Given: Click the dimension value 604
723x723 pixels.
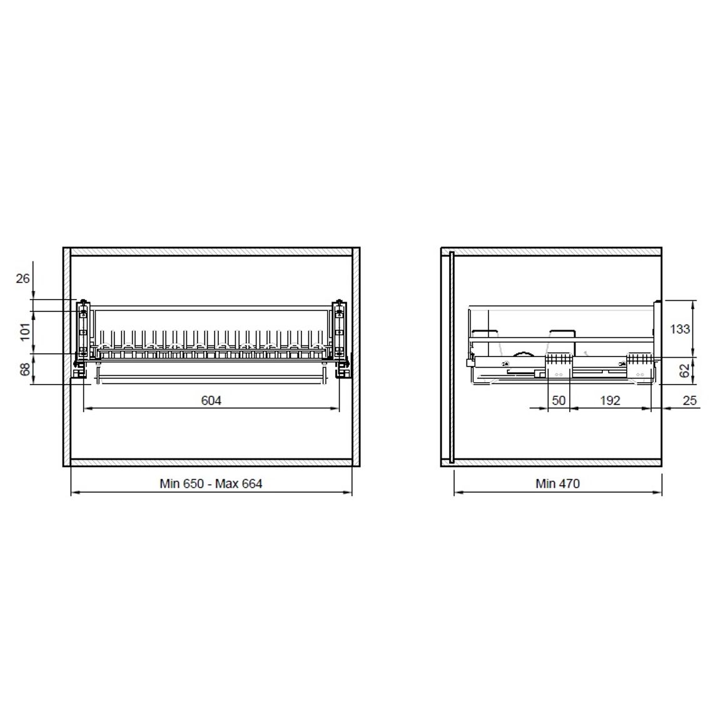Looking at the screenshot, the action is [x=211, y=401].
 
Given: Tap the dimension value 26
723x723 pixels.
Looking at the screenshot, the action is [x=23, y=278].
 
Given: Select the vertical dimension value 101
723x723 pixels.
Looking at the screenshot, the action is [x=25, y=331].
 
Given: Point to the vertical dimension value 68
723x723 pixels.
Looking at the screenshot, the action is [x=25, y=369].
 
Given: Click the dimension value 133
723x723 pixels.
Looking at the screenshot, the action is [x=680, y=329].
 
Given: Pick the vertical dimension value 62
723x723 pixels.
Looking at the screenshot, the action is [x=685, y=370].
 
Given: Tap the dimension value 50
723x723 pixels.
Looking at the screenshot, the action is [x=559, y=400].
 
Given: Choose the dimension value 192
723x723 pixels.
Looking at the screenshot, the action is [x=610, y=400].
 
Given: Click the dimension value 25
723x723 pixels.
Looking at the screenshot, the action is [x=689, y=400].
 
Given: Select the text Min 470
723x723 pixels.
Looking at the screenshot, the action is [x=557, y=483].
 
